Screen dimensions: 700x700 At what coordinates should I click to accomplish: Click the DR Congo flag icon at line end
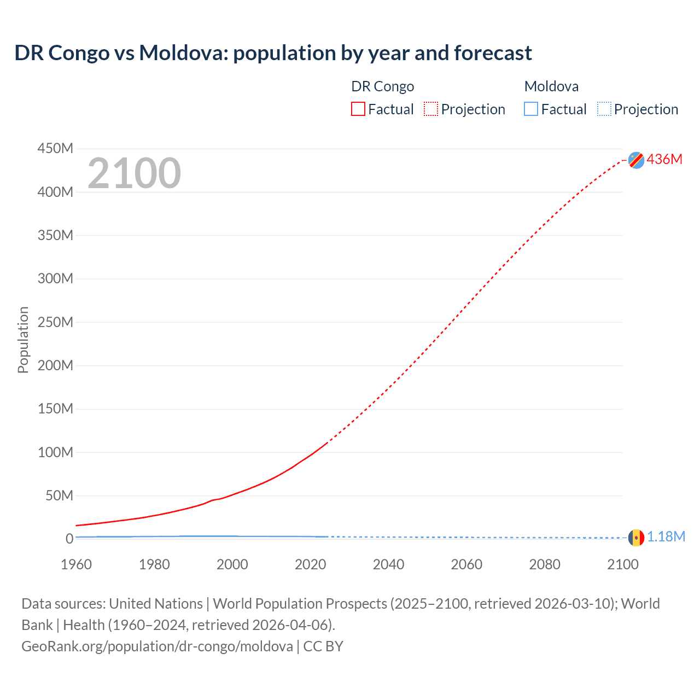[x=636, y=160]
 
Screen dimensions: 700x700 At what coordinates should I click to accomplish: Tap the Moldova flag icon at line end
[x=636, y=538]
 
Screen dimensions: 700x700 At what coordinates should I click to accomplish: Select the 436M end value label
[x=664, y=159]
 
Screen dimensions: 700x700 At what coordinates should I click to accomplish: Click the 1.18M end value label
[x=666, y=537]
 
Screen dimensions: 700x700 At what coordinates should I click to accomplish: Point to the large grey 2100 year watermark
[x=134, y=173]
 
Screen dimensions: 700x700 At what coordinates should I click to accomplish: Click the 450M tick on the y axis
[x=55, y=149]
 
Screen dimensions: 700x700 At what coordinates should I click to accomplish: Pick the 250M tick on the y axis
[x=55, y=322]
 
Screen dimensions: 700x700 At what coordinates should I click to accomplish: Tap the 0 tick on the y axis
[x=69, y=539]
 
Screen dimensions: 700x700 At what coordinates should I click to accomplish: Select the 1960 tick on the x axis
[x=76, y=564]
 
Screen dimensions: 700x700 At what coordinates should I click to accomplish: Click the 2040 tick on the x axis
[x=388, y=564]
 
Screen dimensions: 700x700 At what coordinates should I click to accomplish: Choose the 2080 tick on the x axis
[x=545, y=564]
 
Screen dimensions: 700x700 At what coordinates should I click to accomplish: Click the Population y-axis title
[x=23, y=340]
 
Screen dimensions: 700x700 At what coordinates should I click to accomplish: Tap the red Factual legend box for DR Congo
[x=358, y=109]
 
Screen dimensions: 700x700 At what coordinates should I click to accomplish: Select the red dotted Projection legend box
[x=431, y=109]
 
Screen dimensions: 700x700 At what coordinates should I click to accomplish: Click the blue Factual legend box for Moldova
[x=531, y=109]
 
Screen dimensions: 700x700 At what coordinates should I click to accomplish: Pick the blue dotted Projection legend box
[x=604, y=109]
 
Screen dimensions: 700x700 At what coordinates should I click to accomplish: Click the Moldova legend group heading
[x=551, y=86]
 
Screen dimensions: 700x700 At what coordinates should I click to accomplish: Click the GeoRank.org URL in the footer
[x=157, y=646]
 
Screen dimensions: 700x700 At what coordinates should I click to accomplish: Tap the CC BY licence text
[x=323, y=646]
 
